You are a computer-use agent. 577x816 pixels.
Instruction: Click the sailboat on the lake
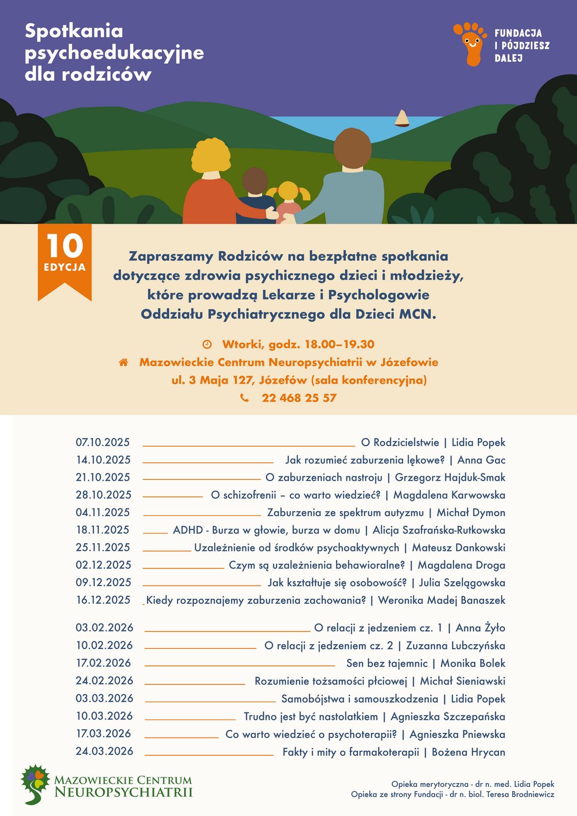[402, 118]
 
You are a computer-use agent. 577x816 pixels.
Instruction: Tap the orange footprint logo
[470, 43]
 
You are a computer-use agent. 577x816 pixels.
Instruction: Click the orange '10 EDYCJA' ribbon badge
[65, 260]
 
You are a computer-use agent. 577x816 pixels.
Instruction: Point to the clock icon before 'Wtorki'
[207, 344]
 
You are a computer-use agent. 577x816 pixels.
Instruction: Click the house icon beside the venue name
[123, 363]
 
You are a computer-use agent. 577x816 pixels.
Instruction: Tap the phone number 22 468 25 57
[299, 398]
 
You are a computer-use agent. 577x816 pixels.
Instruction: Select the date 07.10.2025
[103, 442]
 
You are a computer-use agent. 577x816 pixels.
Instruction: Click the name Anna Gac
[481, 460]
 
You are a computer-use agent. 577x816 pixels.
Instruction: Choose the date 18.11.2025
[103, 530]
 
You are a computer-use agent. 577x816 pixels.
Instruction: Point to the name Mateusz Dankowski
[459, 548]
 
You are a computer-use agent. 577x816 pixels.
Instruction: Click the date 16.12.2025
[104, 600]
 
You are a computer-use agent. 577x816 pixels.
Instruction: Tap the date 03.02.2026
[105, 628]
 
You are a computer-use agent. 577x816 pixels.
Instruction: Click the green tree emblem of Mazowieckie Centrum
[35, 784]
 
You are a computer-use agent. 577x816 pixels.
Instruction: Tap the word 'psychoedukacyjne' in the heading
[114, 53]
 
